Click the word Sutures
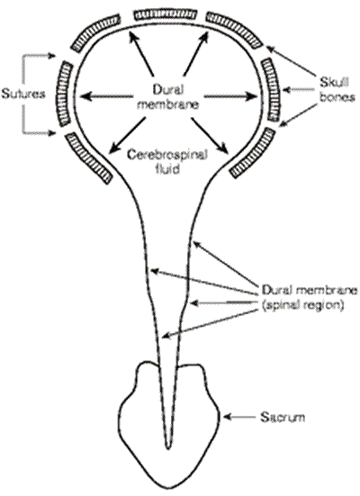pyautogui.click(x=23, y=94)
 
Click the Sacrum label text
pyautogui.click(x=283, y=417)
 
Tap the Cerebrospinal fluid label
pyautogui.click(x=167, y=161)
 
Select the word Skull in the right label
pyautogui.click(x=335, y=83)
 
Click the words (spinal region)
pyautogui.click(x=302, y=305)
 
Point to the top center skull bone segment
pyautogui.click(x=166, y=15)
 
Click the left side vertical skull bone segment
pyautogui.click(x=66, y=94)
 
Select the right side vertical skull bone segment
pyautogui.click(x=271, y=89)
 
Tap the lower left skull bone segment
pyautogui.click(x=89, y=158)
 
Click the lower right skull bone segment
pyautogui.click(x=252, y=153)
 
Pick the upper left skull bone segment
pyautogui.click(x=95, y=32)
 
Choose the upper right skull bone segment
pyautogui.click(x=234, y=30)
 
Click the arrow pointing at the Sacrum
pyautogui.click(x=239, y=418)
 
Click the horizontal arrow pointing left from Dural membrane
pyautogui.click(x=104, y=96)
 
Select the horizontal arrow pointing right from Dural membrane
pyautogui.click(x=231, y=96)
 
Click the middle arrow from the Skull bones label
pyautogui.click(x=300, y=90)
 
